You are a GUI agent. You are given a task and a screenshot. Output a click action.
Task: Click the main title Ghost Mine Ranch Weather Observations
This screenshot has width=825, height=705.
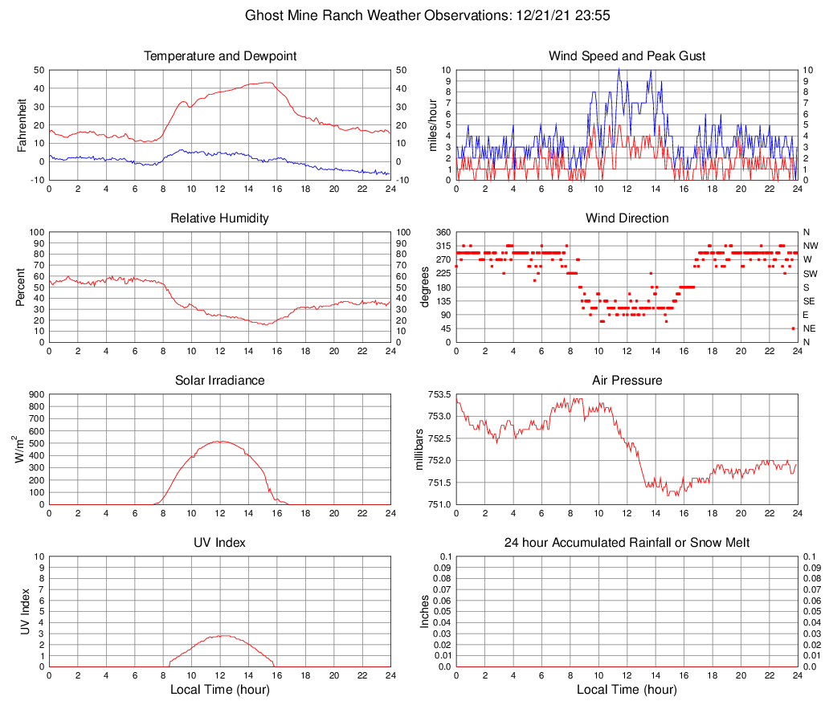pos(411,15)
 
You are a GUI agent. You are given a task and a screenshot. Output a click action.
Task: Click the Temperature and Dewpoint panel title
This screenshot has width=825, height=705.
pos(220,56)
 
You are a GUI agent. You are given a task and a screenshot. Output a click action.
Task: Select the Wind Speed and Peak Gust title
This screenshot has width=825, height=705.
pos(627,56)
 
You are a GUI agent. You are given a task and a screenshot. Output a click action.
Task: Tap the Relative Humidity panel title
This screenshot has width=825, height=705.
pos(220,218)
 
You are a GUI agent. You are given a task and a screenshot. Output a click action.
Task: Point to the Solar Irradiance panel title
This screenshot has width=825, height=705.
pos(220,381)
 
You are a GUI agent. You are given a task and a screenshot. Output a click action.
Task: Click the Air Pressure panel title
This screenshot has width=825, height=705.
pos(627,381)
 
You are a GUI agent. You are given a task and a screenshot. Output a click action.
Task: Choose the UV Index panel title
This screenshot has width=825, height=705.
pos(220,543)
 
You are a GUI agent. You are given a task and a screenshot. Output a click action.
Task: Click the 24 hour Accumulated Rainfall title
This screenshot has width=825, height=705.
pos(627,543)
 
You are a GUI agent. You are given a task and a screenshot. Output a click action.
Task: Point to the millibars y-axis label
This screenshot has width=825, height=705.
pos(419,449)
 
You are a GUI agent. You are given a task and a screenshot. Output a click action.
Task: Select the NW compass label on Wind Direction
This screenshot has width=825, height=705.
pos(811,246)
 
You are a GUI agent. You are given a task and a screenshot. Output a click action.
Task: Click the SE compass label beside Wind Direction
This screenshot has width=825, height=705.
pos(811,301)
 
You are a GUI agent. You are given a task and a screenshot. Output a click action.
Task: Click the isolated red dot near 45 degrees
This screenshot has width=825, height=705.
pos(793,328)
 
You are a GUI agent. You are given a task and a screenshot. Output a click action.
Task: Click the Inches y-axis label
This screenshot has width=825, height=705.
pos(425,611)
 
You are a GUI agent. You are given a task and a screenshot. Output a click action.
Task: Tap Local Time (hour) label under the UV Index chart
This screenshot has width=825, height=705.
pos(220,690)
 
